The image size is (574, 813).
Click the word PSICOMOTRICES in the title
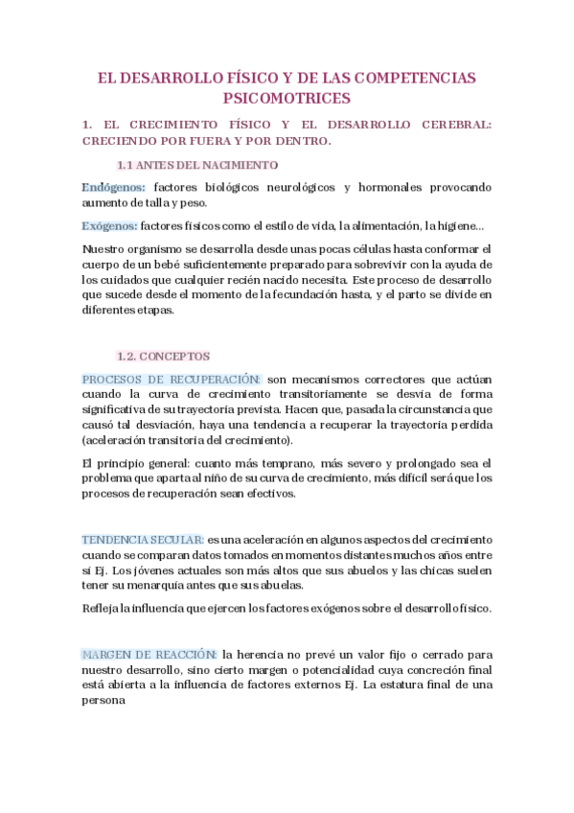(287, 98)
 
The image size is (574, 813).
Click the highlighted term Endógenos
(114, 187)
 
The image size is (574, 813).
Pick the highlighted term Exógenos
(110, 226)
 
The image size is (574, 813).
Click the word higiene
(465, 226)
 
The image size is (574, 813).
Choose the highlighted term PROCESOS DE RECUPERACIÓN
(172, 380)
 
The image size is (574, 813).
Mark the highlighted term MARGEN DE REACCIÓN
(150, 654)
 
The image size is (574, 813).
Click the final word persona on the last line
(104, 700)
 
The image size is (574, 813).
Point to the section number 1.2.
(128, 356)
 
